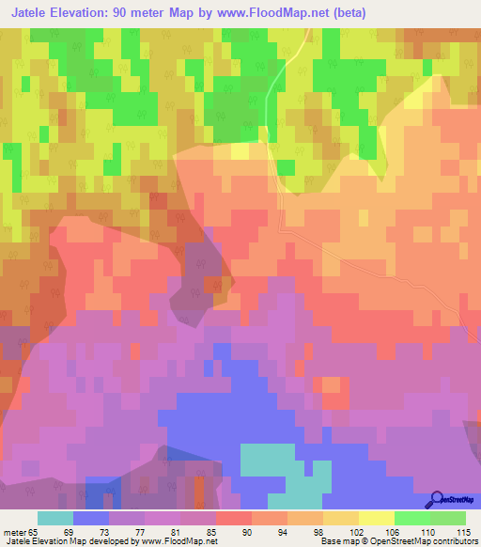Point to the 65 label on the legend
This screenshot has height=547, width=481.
30,531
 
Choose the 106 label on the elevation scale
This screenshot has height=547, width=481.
392,531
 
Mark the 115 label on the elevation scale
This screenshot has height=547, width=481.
462,531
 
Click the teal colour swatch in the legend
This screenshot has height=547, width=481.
54,518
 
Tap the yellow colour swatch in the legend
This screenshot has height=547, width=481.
376,518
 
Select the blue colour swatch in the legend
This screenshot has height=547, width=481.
90,518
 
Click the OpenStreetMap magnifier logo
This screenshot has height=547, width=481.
435,500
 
